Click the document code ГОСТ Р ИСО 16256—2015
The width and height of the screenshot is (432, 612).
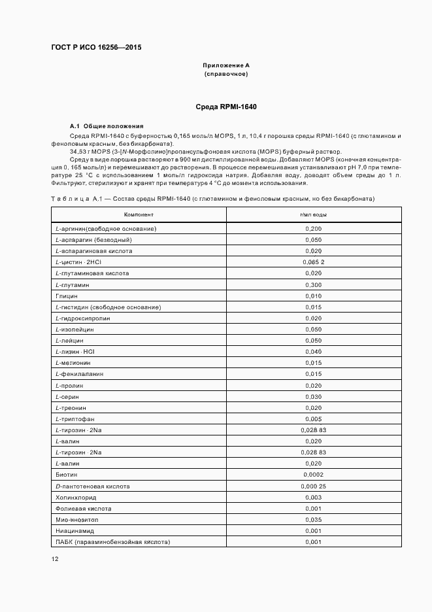[x=95, y=48]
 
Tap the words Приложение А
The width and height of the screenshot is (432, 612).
[x=226, y=66]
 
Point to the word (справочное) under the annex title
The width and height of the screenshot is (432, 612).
[x=226, y=75]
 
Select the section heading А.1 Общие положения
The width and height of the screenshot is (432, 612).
[x=107, y=126]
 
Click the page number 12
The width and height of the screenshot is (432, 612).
[x=55, y=559]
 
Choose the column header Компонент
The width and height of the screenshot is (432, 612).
[x=139, y=214]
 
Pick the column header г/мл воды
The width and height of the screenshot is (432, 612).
[x=313, y=214]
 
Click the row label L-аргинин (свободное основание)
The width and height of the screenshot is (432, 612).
[x=106, y=228]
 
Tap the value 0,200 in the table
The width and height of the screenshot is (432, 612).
[x=313, y=228]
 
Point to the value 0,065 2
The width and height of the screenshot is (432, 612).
[x=313, y=262]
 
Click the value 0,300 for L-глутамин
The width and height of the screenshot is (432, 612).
[x=313, y=284]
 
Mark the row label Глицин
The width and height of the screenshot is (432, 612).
[x=67, y=296]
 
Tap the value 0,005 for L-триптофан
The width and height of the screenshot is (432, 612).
[x=313, y=418]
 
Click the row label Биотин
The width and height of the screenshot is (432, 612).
[x=67, y=475]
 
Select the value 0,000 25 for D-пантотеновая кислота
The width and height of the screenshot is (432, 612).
[x=313, y=486]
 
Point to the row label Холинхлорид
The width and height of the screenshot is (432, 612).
[x=74, y=497]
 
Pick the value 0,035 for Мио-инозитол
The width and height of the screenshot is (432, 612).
[x=313, y=520]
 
